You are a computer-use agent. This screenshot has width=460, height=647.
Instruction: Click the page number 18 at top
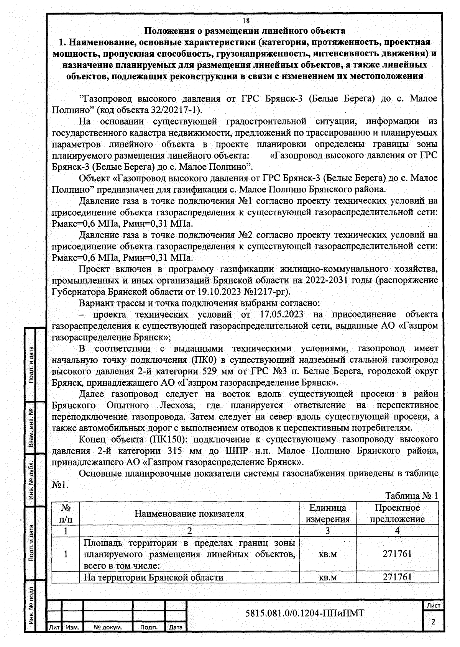pos(246,21)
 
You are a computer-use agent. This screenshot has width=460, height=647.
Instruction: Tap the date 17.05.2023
pos(282,314)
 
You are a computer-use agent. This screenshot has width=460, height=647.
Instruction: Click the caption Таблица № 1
pos(411,496)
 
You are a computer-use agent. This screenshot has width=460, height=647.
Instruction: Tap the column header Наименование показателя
pos(189,514)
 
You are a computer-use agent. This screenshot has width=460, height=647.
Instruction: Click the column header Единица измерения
pos(327,514)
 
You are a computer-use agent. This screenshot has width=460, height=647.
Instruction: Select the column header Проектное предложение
pos(397,514)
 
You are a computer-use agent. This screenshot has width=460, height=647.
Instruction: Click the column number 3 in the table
pos(327,531)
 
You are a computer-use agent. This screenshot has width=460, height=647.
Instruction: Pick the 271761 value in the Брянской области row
pos(397,577)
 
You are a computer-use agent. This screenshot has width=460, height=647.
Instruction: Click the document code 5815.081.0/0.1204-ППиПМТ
pos(304,613)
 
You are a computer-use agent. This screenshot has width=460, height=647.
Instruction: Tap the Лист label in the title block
pos(433,605)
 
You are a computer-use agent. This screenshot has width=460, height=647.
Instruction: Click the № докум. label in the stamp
pos(108,627)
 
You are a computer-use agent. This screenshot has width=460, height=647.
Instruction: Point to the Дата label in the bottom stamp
pos(176,627)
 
